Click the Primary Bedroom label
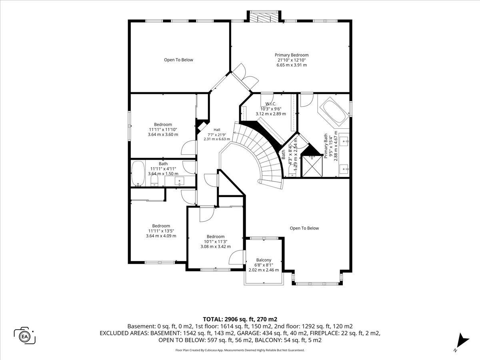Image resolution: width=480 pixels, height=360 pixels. click(x=292, y=55)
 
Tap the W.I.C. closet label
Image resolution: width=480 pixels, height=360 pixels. click(x=271, y=104)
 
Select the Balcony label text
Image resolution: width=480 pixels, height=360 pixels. click(x=264, y=260)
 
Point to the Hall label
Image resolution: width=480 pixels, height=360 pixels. click(x=217, y=130)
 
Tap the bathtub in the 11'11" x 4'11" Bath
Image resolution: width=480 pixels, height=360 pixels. click(x=138, y=174)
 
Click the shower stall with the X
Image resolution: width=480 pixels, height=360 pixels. click(x=312, y=166)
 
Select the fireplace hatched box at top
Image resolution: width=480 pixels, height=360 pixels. click(x=264, y=16)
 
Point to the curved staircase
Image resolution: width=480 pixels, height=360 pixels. click(x=260, y=153)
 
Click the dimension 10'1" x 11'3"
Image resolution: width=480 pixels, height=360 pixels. click(x=216, y=242)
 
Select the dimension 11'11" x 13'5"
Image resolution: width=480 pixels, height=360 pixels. click(x=161, y=231)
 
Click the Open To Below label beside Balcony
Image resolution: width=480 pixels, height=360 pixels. click(x=304, y=228)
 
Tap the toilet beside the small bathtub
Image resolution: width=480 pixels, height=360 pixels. click(x=154, y=180)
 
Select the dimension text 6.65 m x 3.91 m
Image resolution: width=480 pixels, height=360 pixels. click(x=292, y=65)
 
